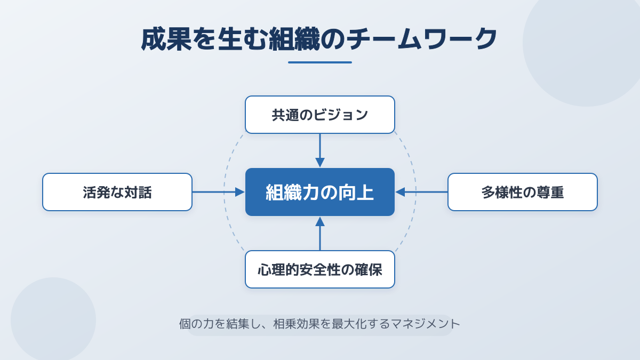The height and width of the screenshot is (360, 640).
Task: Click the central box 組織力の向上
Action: click(320, 192)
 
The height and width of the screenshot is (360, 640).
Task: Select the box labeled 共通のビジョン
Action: click(320, 115)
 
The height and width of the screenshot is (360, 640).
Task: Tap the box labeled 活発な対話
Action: click(117, 192)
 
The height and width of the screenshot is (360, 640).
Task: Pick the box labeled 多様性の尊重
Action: click(523, 192)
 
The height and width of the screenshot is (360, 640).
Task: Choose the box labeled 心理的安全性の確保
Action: click(320, 269)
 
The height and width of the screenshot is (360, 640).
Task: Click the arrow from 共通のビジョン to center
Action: click(320, 150)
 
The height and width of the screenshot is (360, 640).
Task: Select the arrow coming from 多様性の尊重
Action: click(421, 192)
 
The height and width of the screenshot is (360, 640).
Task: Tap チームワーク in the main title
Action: click(421, 39)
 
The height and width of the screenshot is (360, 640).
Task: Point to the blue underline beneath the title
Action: click(320, 62)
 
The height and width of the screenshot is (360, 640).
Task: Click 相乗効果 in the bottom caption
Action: click(299, 324)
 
